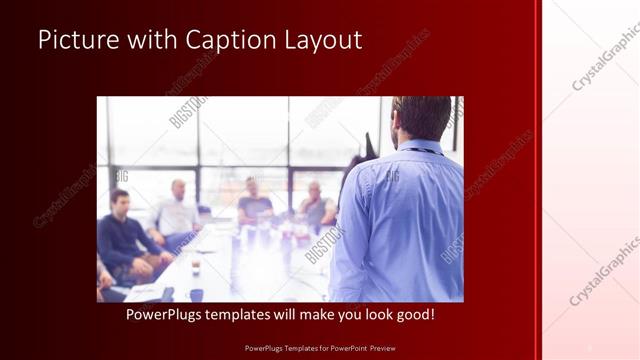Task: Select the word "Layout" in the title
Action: pos(326,40)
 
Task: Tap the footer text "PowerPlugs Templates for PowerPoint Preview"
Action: pos(320,348)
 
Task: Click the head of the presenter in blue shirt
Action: pos(420,118)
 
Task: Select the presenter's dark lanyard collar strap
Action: pos(418,151)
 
